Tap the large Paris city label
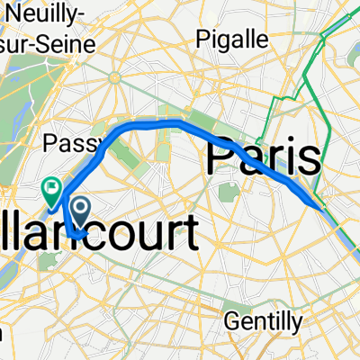point(263,158)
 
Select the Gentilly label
point(258,320)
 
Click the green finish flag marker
point(51,189)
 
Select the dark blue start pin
point(80,212)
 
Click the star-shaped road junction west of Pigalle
point(115,77)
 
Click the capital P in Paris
point(220,158)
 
